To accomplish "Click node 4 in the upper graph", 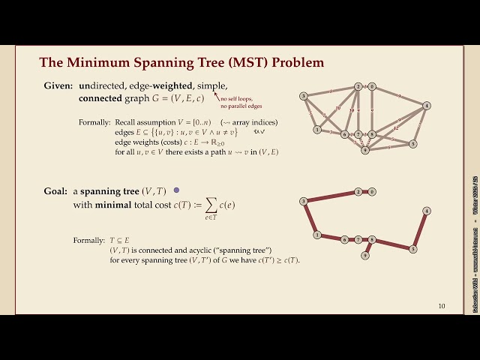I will [x=426, y=106].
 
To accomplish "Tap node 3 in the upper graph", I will [x=303, y=96].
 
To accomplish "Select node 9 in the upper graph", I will [x=365, y=150].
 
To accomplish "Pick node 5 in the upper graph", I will [x=413, y=143].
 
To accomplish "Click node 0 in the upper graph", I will [x=372, y=86].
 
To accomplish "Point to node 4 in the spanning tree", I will [x=426, y=211].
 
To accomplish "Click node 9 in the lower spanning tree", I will [x=365, y=255].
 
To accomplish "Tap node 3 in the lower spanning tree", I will [x=303, y=201].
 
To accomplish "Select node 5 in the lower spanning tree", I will [x=413, y=248].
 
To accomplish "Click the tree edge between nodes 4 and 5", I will [x=420, y=229].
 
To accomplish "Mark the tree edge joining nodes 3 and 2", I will [x=331, y=196].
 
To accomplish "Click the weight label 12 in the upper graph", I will [x=395, y=128].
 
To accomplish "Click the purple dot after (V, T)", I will [x=176, y=191].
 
